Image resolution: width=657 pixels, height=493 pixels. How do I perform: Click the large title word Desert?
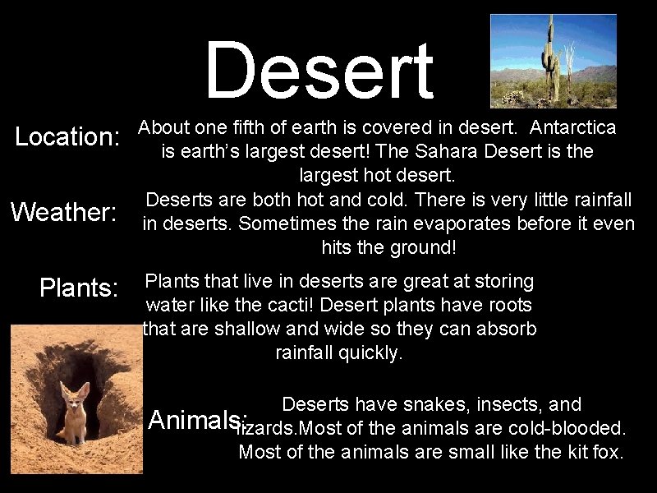point(319,71)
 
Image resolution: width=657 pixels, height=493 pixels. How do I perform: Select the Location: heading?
point(68,137)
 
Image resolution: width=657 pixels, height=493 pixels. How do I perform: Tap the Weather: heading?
point(64,213)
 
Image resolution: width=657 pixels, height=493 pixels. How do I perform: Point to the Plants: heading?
point(80,288)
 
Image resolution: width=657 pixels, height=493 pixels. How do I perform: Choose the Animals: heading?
point(197,420)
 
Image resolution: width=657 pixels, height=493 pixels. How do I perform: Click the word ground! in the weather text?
point(427,247)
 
